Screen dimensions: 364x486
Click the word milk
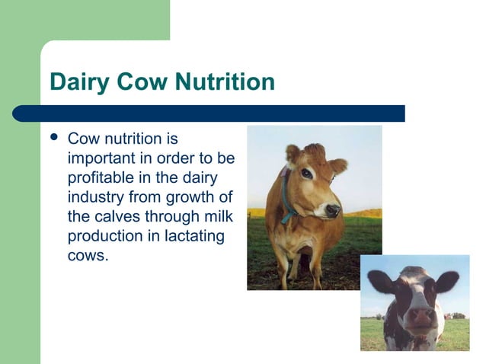pos(216,217)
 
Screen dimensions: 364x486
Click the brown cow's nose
pos(332,209)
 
